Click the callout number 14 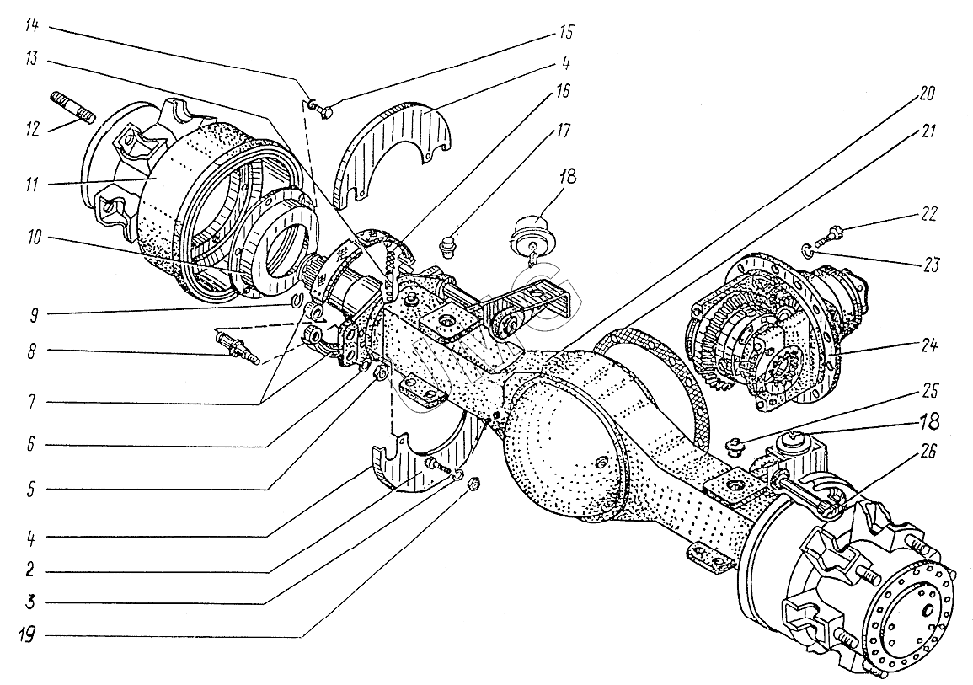(32, 27)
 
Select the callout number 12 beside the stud (32, 129)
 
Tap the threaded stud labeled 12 (71, 106)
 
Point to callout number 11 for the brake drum (31, 185)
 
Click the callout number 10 (34, 237)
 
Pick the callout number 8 (31, 351)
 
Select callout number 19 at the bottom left (27, 634)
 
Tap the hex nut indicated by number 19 (473, 484)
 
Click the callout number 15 (566, 32)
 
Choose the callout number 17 (564, 131)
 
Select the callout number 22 (928, 214)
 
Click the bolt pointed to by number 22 (831, 235)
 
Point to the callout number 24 (928, 345)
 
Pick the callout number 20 (927, 93)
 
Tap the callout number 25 (930, 391)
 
